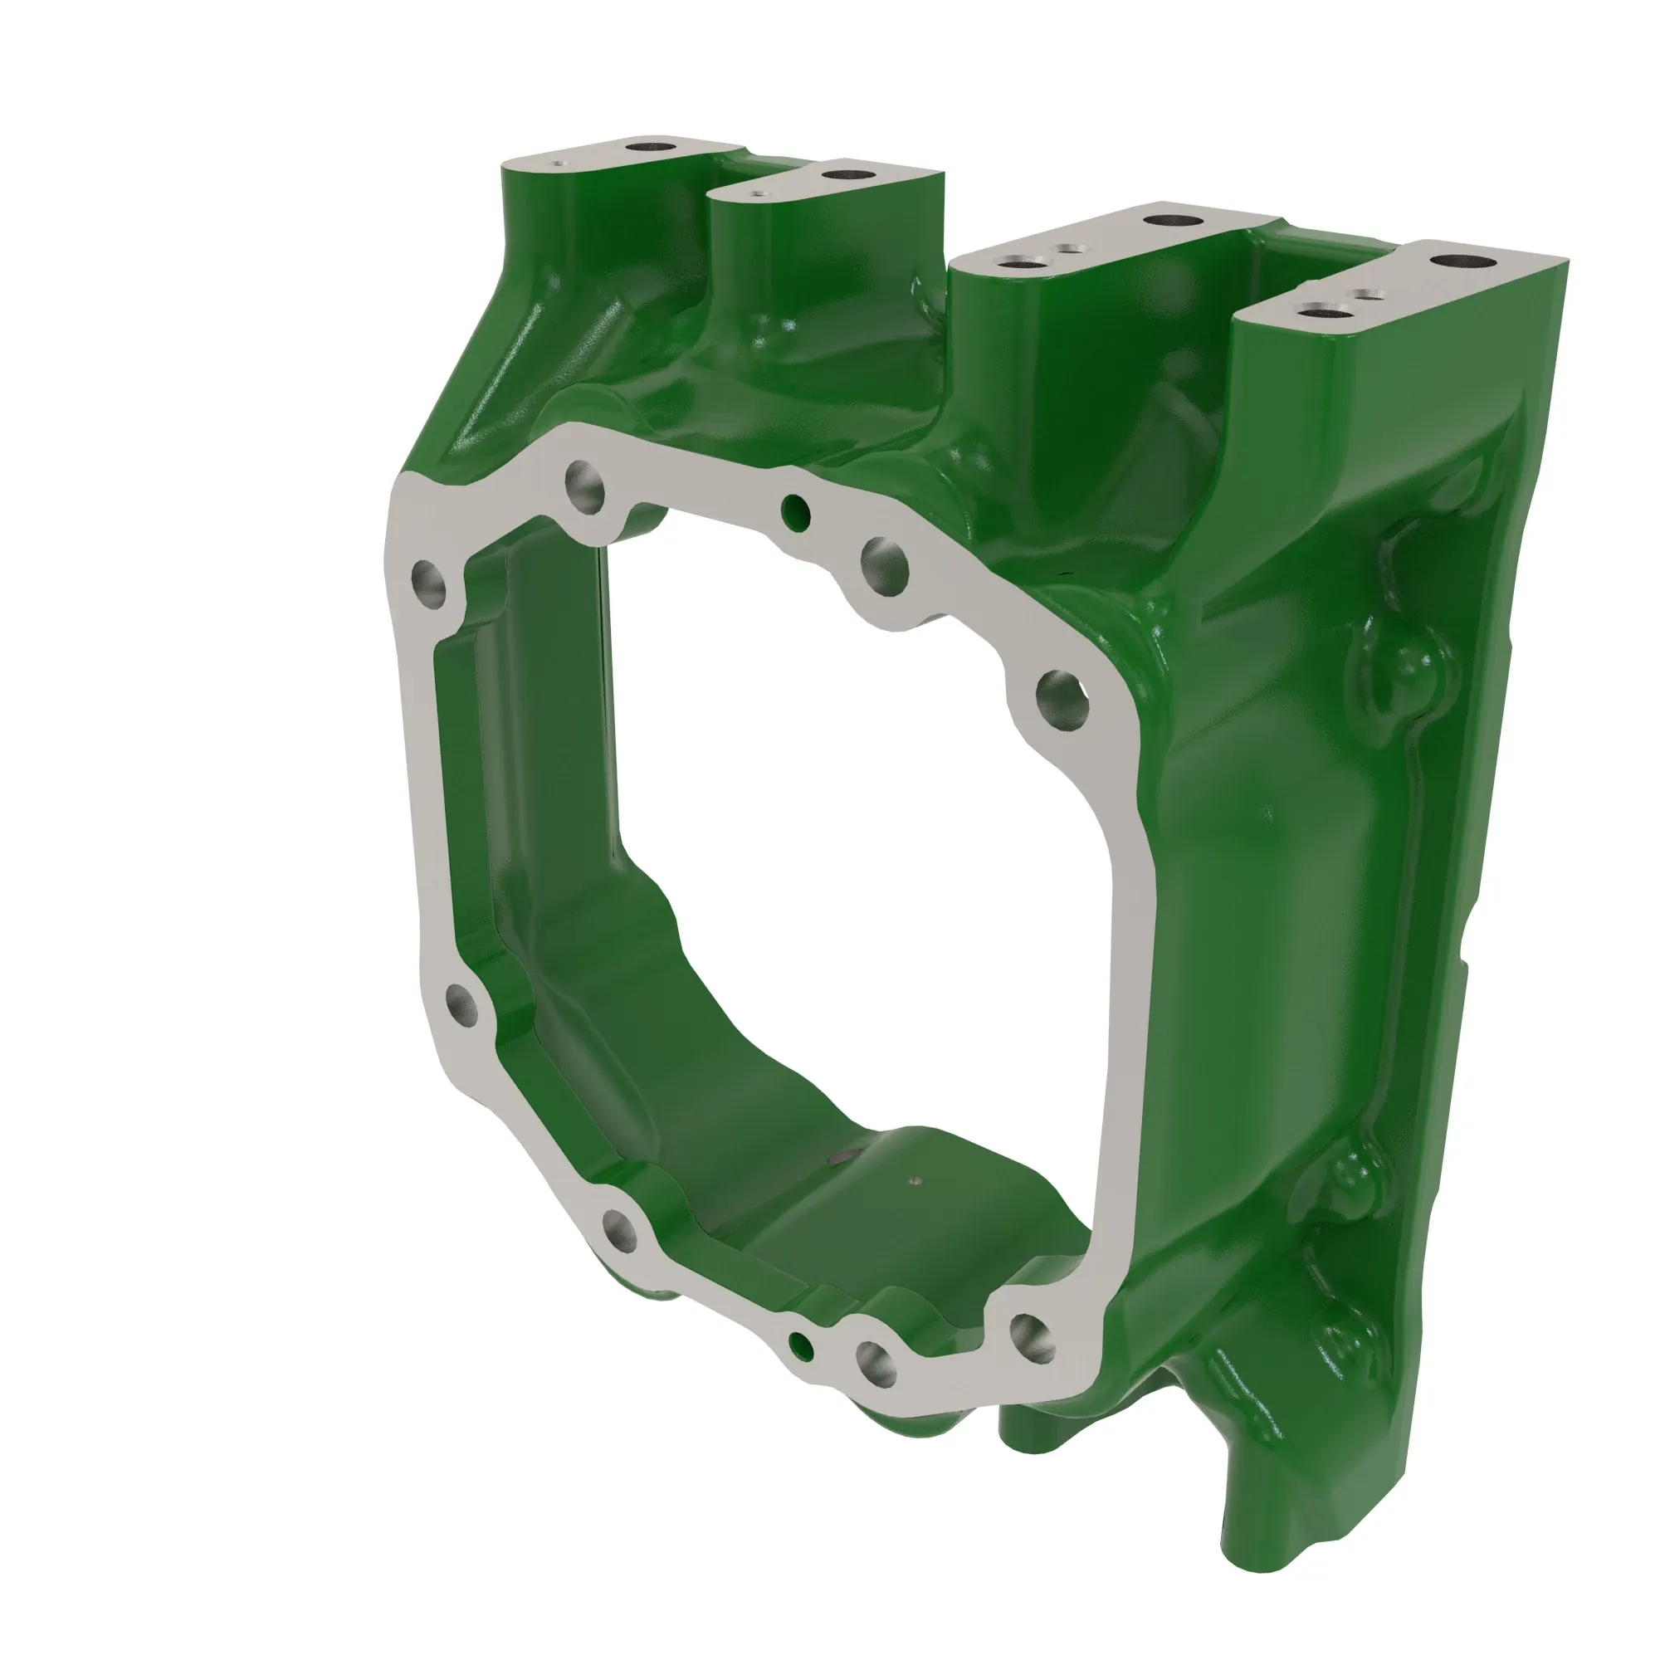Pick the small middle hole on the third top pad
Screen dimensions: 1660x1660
click(x=1068, y=249)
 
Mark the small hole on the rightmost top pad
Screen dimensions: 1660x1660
click(x=1365, y=295)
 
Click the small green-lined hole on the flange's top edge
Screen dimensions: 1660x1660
click(x=796, y=512)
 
